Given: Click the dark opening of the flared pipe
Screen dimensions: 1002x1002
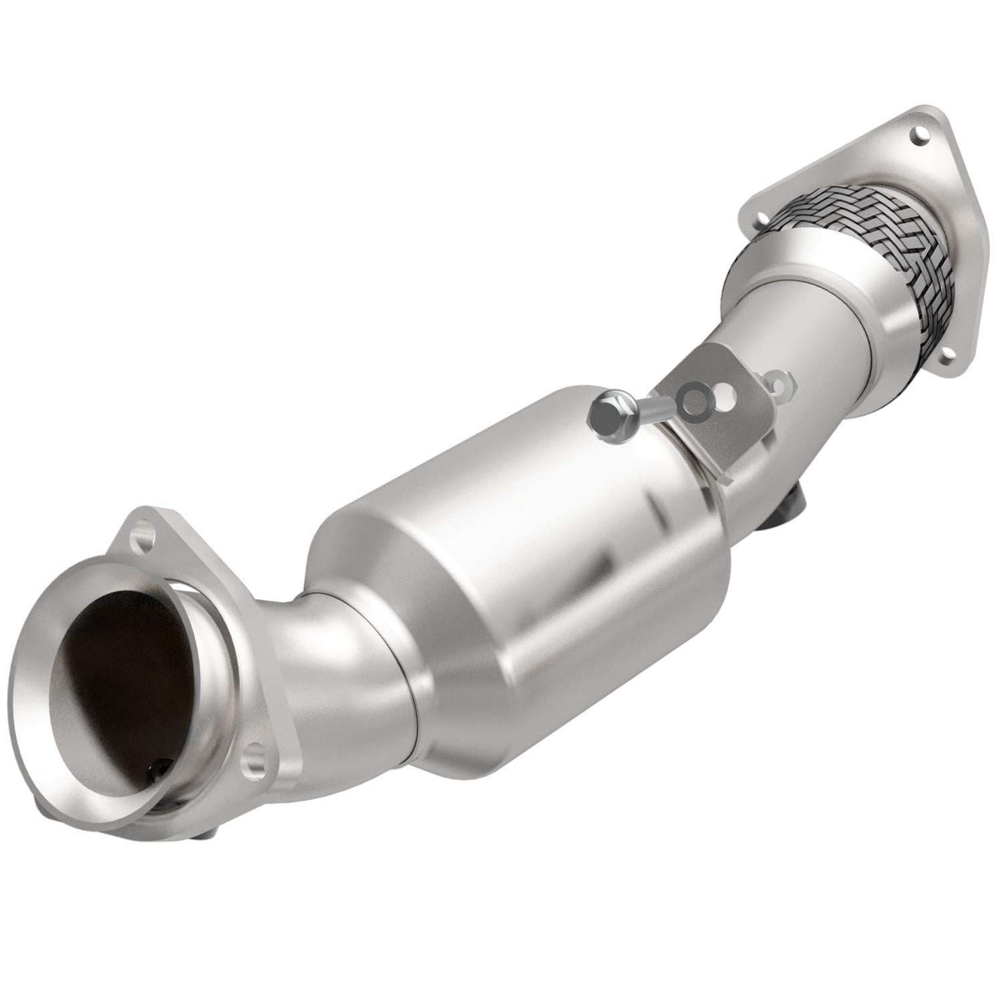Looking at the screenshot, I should coord(117,675).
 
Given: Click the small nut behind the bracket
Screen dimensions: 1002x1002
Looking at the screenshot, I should coord(780,383).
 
